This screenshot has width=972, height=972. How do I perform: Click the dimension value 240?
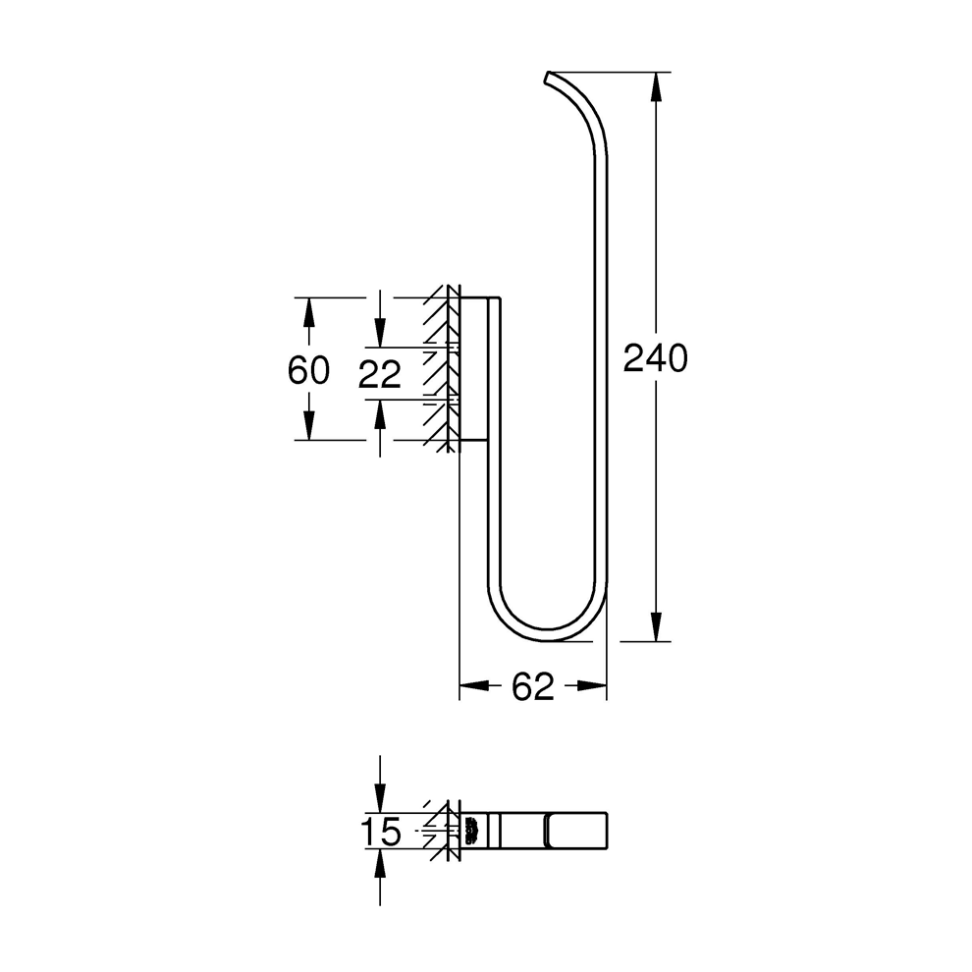point(656,359)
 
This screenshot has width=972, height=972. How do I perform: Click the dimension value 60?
point(308,370)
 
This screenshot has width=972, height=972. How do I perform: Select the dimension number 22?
point(379,373)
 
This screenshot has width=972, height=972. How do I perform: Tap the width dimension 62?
point(533,687)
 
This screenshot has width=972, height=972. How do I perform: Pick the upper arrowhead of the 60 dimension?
point(308,311)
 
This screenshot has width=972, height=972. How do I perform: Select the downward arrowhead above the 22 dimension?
point(380,334)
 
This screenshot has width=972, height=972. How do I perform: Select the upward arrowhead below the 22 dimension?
point(380,411)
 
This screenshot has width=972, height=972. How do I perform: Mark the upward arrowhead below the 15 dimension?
point(380,864)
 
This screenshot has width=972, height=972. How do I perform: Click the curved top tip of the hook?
point(549,76)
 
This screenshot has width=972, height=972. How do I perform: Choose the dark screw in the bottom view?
point(471,832)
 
